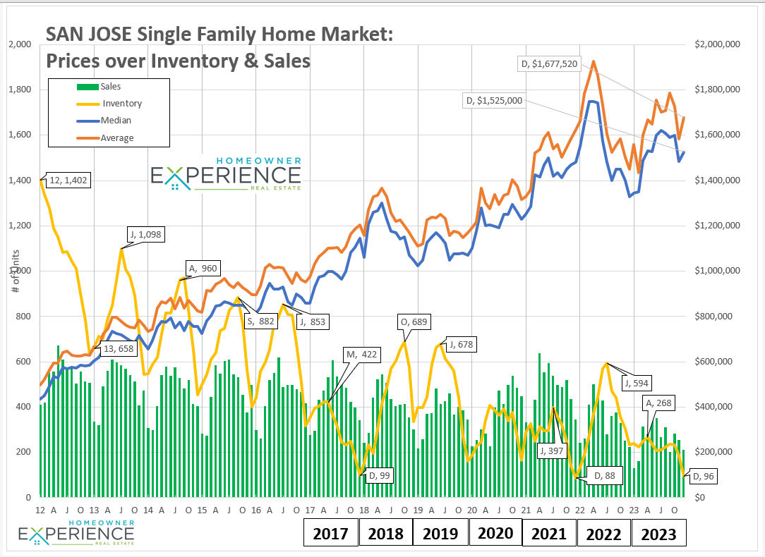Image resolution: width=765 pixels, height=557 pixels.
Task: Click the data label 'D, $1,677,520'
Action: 549,64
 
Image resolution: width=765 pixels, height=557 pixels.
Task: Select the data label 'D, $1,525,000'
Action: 494,101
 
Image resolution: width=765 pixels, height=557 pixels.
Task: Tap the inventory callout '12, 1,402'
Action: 68,180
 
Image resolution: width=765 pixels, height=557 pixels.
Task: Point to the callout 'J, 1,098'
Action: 146,234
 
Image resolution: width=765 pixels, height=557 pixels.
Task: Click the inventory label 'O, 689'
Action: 414,322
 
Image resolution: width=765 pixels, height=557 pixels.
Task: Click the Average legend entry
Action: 117,138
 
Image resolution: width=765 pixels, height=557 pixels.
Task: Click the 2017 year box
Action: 330,533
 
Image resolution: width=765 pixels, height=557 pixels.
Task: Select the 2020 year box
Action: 495,533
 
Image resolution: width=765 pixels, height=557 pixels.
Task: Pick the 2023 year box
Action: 658,533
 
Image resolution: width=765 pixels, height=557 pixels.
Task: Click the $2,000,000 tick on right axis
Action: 718,44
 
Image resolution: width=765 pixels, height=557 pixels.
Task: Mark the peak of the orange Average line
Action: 594,61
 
